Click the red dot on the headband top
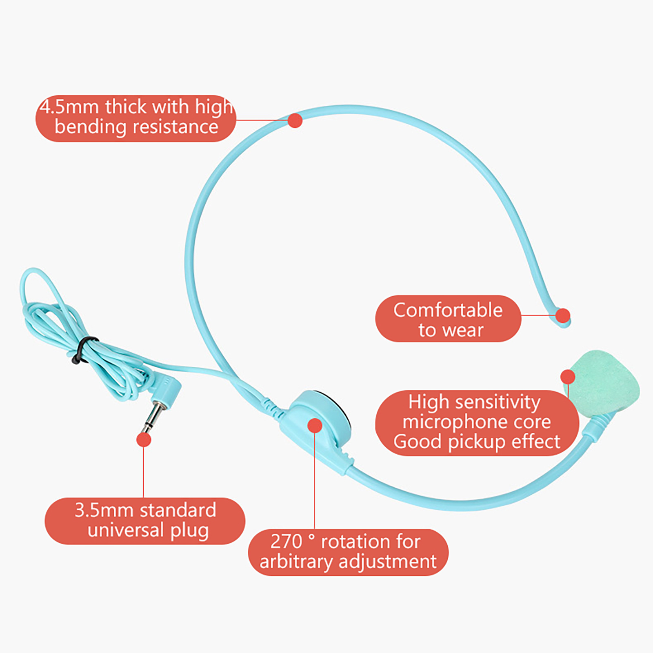295,120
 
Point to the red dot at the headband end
563,315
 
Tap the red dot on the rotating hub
315,425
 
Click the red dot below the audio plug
144,440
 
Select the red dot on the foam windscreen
568,377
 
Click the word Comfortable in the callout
448,310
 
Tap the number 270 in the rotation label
286,542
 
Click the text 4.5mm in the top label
69,107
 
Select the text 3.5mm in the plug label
104,510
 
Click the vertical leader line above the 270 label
314,482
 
